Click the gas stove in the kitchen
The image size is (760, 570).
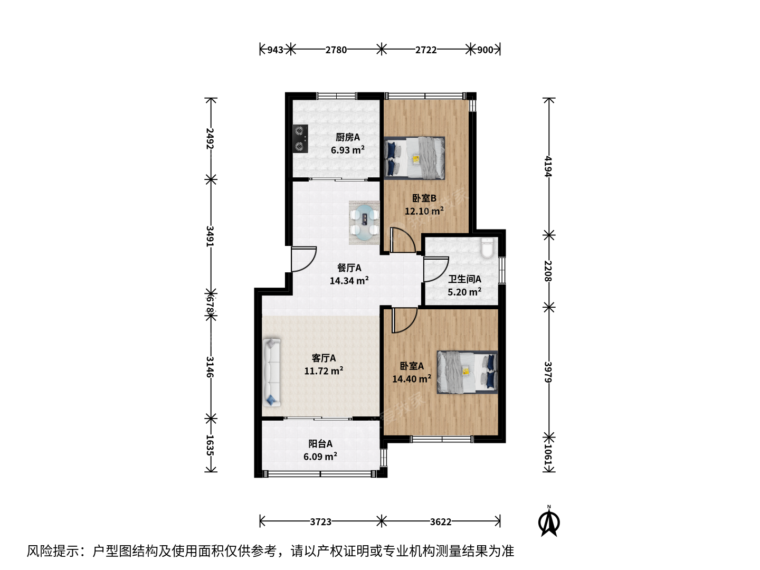[x=300, y=139]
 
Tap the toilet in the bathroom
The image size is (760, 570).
[x=488, y=248]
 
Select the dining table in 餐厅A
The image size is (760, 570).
[x=364, y=223]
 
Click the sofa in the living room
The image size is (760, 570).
[x=271, y=372]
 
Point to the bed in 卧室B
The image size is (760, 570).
[x=414, y=158]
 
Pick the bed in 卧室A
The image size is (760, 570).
[x=467, y=372]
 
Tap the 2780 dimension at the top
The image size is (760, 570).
[x=336, y=50]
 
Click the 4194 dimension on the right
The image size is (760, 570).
[x=548, y=166]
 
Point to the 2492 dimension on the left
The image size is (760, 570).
[x=210, y=139]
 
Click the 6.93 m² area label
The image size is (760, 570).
[x=348, y=150]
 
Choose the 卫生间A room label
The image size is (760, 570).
[x=464, y=279]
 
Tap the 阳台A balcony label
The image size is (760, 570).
[x=320, y=444]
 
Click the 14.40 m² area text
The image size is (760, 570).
[x=412, y=378]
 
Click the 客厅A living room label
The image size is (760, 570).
[x=324, y=358]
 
